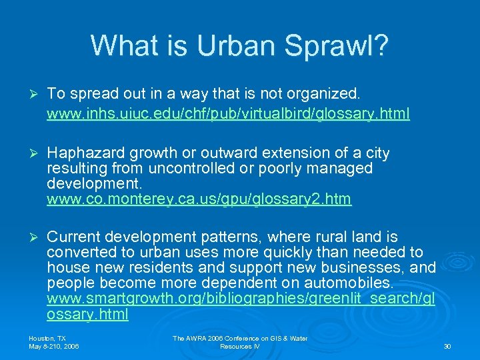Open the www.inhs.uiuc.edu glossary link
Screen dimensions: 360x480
point(228,114)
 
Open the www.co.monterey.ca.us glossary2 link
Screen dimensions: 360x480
point(199,199)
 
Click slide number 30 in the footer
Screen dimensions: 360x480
point(447,347)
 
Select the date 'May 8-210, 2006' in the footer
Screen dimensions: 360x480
point(54,347)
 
